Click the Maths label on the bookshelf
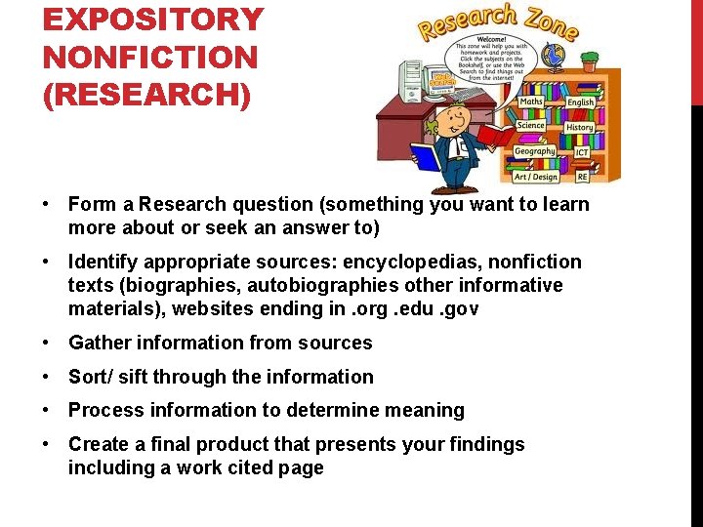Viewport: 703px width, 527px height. click(531, 101)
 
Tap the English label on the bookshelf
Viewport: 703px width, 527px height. click(580, 101)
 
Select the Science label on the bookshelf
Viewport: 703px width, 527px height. click(531, 126)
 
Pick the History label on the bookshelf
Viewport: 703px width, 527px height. click(579, 127)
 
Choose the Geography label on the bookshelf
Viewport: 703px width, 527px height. click(534, 151)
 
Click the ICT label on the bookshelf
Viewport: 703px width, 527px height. click(582, 152)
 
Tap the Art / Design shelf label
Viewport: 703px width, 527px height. click(535, 177)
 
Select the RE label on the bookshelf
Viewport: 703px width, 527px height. click(582, 178)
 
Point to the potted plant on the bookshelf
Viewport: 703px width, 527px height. click(589, 61)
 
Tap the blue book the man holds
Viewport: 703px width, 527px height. click(427, 156)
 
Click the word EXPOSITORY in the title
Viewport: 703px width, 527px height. click(153, 20)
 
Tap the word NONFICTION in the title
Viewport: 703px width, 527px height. click(150, 57)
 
